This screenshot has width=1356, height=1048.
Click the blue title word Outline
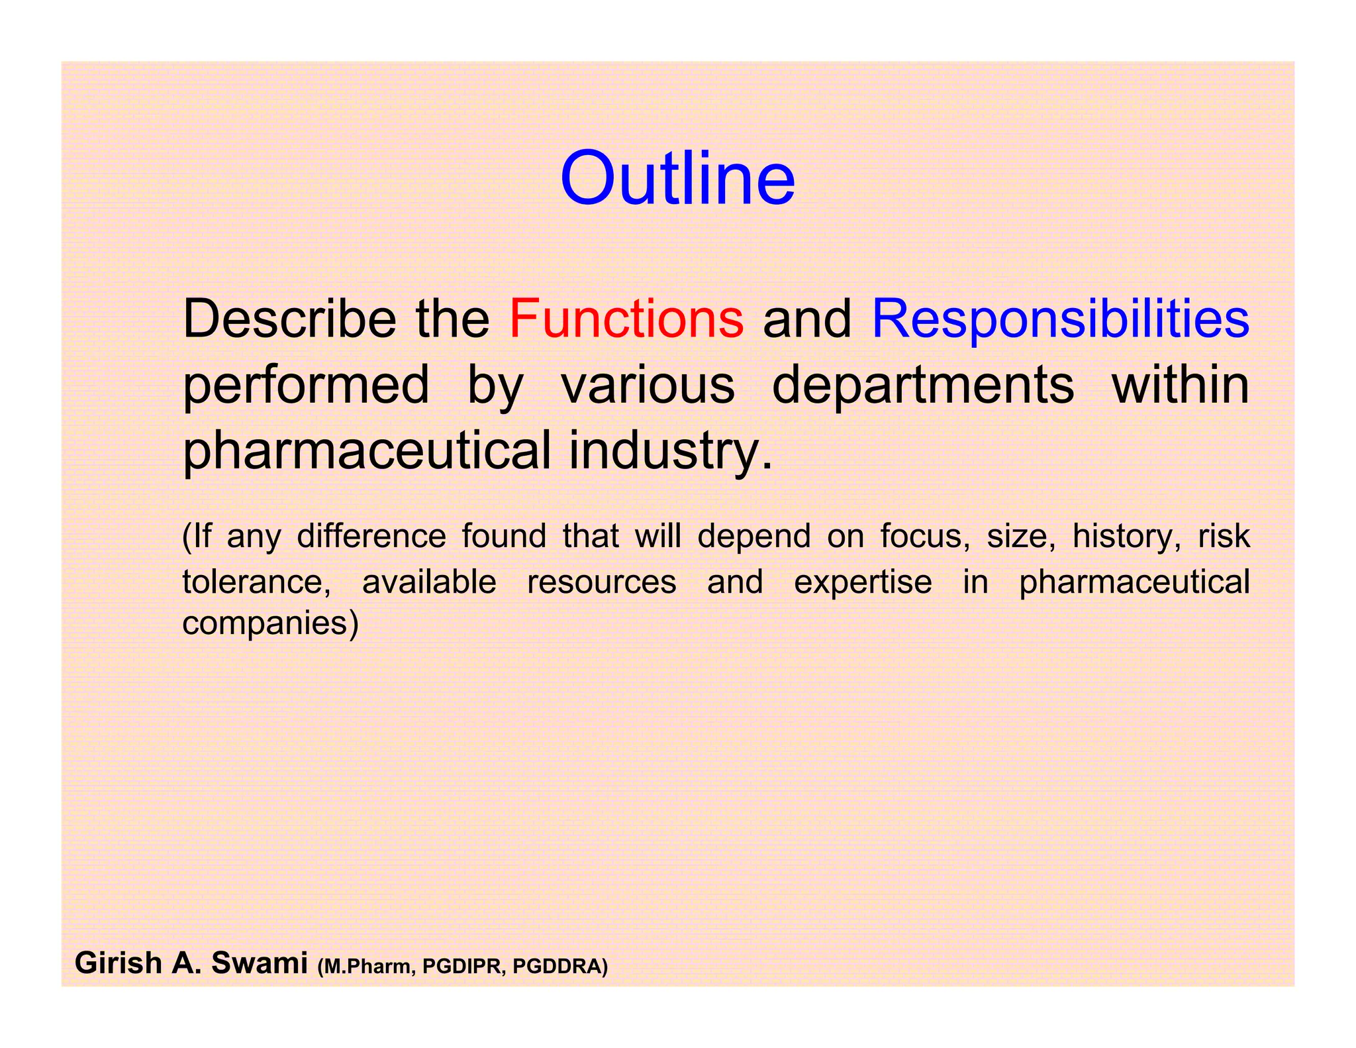coord(677,179)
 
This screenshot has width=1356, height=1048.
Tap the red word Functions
coord(626,319)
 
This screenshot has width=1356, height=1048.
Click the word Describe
coord(289,319)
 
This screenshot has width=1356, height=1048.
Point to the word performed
coord(306,386)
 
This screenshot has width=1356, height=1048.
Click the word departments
coord(923,386)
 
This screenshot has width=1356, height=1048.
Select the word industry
coord(670,451)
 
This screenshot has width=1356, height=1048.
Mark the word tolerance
coord(256,582)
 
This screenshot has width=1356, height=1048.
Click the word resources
coord(601,582)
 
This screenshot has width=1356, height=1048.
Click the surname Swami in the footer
coord(260,963)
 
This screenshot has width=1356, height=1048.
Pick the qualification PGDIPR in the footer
coord(463,967)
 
